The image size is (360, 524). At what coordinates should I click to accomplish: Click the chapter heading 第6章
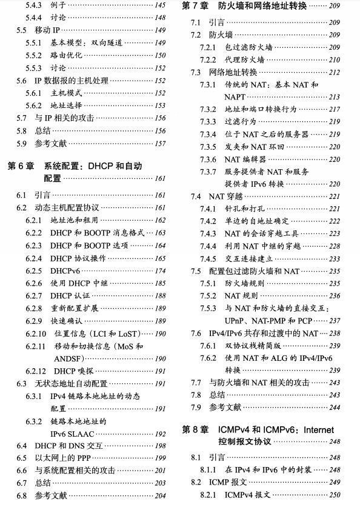click(22, 166)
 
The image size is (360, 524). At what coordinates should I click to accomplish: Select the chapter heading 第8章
click(197, 429)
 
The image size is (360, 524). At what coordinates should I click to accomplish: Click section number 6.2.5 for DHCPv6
click(35, 271)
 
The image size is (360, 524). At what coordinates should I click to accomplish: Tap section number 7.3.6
click(208, 160)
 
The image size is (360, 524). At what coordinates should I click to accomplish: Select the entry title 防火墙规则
click(245, 283)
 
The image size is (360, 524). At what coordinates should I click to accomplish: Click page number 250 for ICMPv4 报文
click(335, 495)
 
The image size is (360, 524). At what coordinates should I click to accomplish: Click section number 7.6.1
click(208, 346)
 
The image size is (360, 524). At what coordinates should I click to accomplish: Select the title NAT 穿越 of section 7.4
click(225, 196)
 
